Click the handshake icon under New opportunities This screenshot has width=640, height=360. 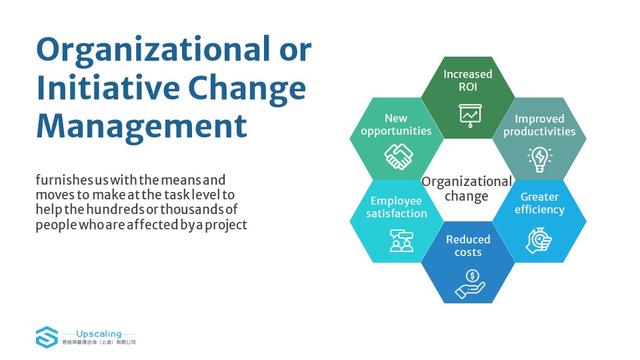pos(399,156)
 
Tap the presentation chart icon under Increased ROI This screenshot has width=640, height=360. pos(470,116)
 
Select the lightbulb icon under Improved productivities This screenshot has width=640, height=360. pos(539,159)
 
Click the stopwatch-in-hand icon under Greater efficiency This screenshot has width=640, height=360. pos(539,241)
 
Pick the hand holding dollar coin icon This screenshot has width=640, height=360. pos(470,284)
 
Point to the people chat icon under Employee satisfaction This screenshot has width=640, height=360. pos(401,241)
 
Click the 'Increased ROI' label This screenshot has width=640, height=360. pos(468,81)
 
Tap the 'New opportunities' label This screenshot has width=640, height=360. pos(396,125)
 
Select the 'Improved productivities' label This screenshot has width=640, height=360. pos(539,125)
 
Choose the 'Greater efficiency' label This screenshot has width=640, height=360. pos(539,203)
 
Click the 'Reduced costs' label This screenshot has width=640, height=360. pos(468,246)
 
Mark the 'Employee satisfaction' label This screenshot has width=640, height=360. pos(396,207)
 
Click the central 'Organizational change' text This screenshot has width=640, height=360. pos(467,189)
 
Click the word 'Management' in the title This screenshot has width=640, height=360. pos(141,127)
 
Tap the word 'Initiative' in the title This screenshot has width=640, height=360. pos(108,88)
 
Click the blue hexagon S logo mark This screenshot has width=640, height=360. pos(47,337)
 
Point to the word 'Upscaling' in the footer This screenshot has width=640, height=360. pos(99,334)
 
